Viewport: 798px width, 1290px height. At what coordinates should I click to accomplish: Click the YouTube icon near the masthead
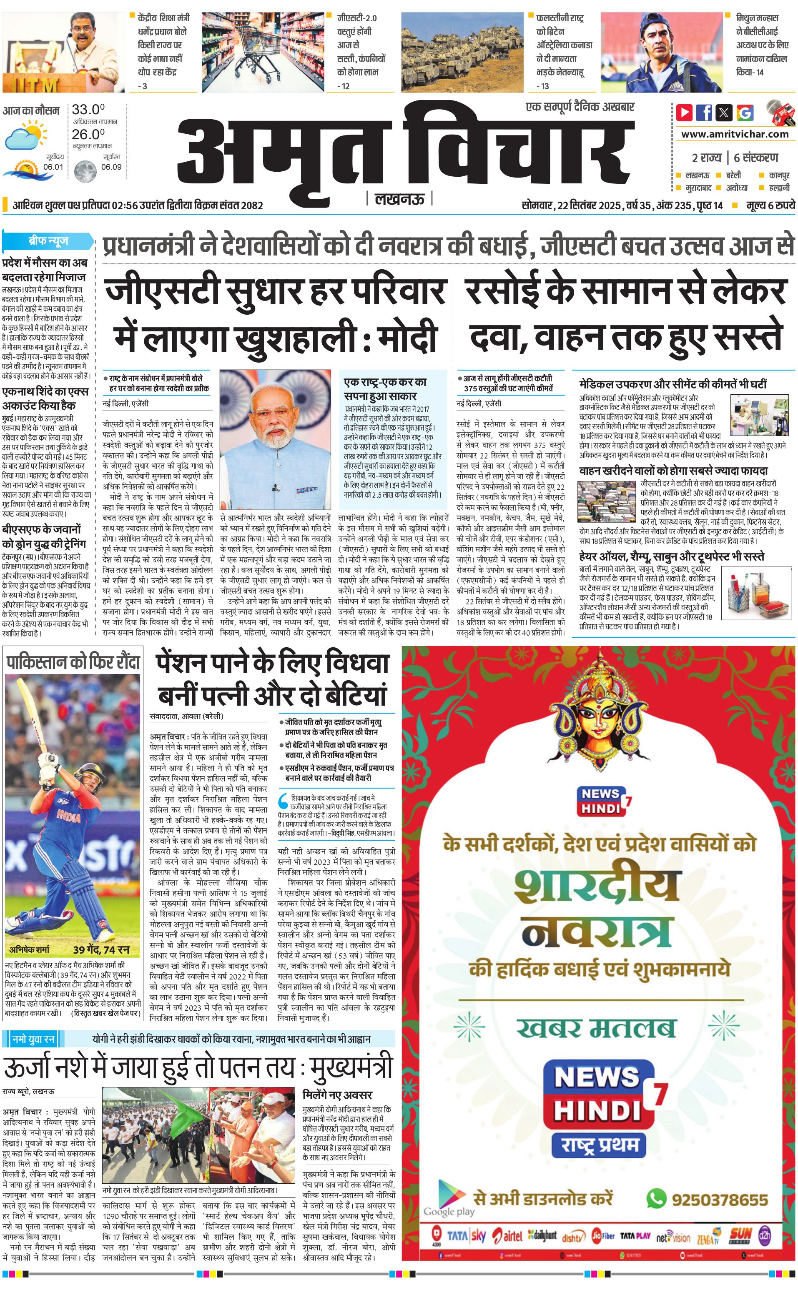pos(685,113)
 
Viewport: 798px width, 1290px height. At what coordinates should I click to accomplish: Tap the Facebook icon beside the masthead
pos(704,113)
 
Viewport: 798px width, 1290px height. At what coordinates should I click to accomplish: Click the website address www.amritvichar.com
pos(735,134)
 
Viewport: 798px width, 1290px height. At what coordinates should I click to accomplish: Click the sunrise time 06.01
pos(53,167)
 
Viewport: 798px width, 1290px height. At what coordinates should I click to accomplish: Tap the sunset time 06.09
pos(111,167)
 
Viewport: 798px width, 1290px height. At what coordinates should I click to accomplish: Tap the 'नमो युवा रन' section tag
pos(34,1039)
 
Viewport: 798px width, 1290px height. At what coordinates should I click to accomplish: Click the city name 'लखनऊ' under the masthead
pos(399,199)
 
